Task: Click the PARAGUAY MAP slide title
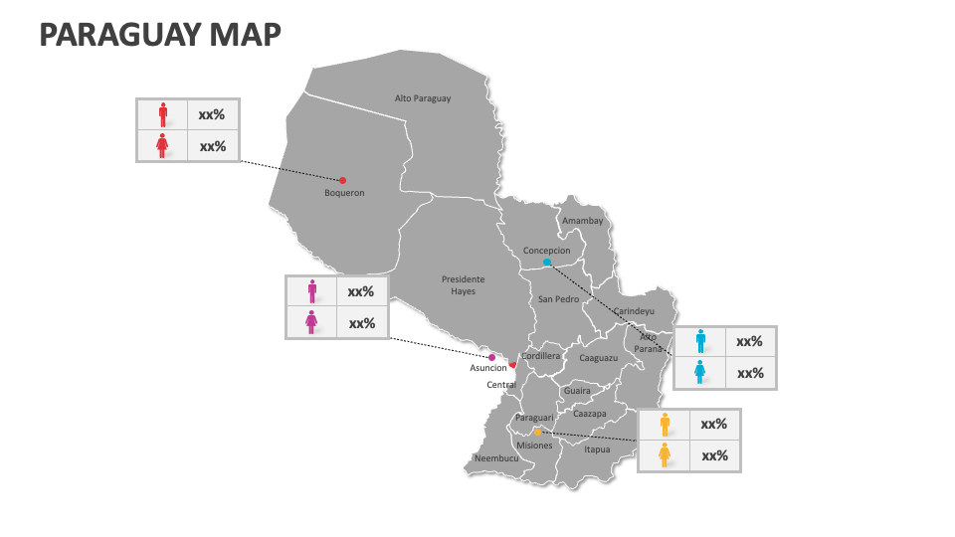coord(159,34)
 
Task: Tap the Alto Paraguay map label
coord(423,98)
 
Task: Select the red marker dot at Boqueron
coord(342,180)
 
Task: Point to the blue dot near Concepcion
coord(546,263)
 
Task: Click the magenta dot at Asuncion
coord(491,357)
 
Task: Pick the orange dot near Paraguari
coord(537,432)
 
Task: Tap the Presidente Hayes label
coord(463,285)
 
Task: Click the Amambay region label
coord(582,221)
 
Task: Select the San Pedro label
coord(558,299)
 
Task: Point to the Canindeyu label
coord(635,311)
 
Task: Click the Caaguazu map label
coord(599,358)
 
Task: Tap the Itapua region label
coord(597,449)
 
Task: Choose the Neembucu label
coord(496,458)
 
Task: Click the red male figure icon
coord(163,113)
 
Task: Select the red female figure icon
coord(163,146)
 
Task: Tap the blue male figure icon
coord(700,341)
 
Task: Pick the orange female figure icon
coord(665,455)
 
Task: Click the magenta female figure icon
coord(312,322)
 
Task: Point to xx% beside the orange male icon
coord(714,424)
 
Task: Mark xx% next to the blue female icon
coord(750,373)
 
